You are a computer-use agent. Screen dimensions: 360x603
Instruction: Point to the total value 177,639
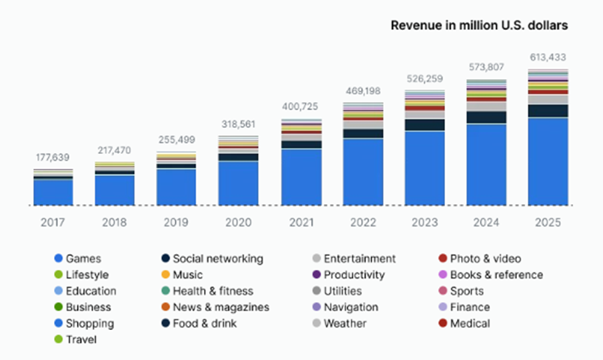tap(53, 157)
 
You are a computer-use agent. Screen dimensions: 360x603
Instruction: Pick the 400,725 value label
tap(301, 107)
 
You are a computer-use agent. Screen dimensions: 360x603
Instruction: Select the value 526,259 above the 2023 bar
tap(424, 79)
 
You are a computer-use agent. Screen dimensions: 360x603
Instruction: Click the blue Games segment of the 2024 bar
tap(486, 163)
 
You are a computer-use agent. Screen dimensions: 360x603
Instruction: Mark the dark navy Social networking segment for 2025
tap(548, 111)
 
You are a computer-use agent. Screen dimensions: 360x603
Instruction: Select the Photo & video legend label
tap(485, 259)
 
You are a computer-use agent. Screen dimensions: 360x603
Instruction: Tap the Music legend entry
tap(187, 275)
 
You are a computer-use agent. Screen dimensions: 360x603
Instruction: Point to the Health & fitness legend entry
tap(213, 291)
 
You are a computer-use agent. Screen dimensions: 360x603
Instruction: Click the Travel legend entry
tap(82, 339)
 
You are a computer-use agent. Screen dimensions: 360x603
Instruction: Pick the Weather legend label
tap(344, 323)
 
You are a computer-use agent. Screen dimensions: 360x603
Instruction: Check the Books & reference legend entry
tap(496, 275)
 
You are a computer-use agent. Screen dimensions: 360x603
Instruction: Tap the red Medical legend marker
tap(442, 323)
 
